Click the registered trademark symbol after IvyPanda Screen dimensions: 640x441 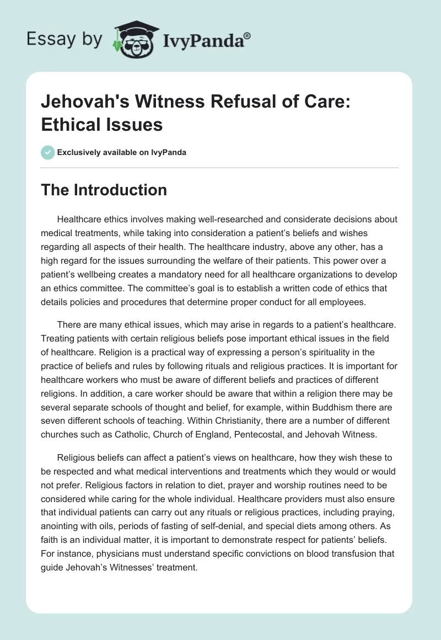(248, 35)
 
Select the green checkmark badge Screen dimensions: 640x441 (48, 152)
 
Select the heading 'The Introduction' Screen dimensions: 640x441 (104, 190)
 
